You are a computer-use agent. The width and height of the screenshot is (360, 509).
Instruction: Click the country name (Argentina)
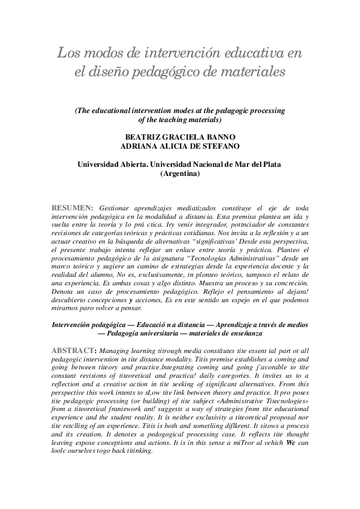tap(179, 173)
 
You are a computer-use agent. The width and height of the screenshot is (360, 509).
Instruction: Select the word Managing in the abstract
tap(116, 350)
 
